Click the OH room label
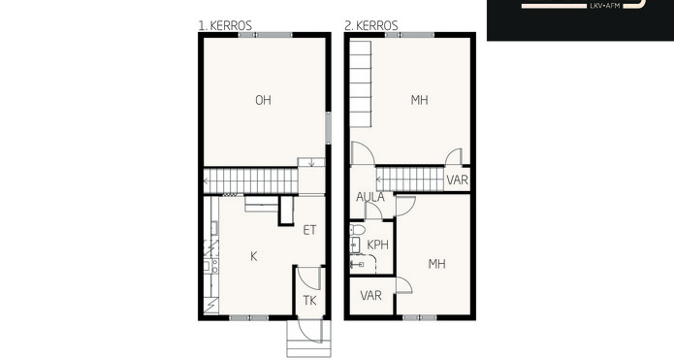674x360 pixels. [263, 100]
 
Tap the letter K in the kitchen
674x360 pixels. [254, 256]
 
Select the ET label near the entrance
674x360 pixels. [309, 230]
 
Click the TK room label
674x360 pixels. [309, 300]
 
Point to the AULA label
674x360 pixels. [370, 197]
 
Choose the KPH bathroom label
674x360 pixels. [378, 245]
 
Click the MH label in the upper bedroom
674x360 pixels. [419, 100]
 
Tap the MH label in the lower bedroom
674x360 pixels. [436, 264]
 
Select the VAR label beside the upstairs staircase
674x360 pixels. [457, 180]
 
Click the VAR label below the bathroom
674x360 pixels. [370, 296]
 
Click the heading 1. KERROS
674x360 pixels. [225, 26]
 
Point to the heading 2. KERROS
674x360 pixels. [371, 26]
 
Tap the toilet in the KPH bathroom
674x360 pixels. [357, 229]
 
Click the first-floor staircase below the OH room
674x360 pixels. [250, 181]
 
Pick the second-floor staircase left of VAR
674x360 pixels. [410, 180]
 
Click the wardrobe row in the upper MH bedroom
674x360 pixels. [360, 83]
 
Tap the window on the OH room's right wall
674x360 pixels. [328, 128]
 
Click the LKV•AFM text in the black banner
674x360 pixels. [605, 6]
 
